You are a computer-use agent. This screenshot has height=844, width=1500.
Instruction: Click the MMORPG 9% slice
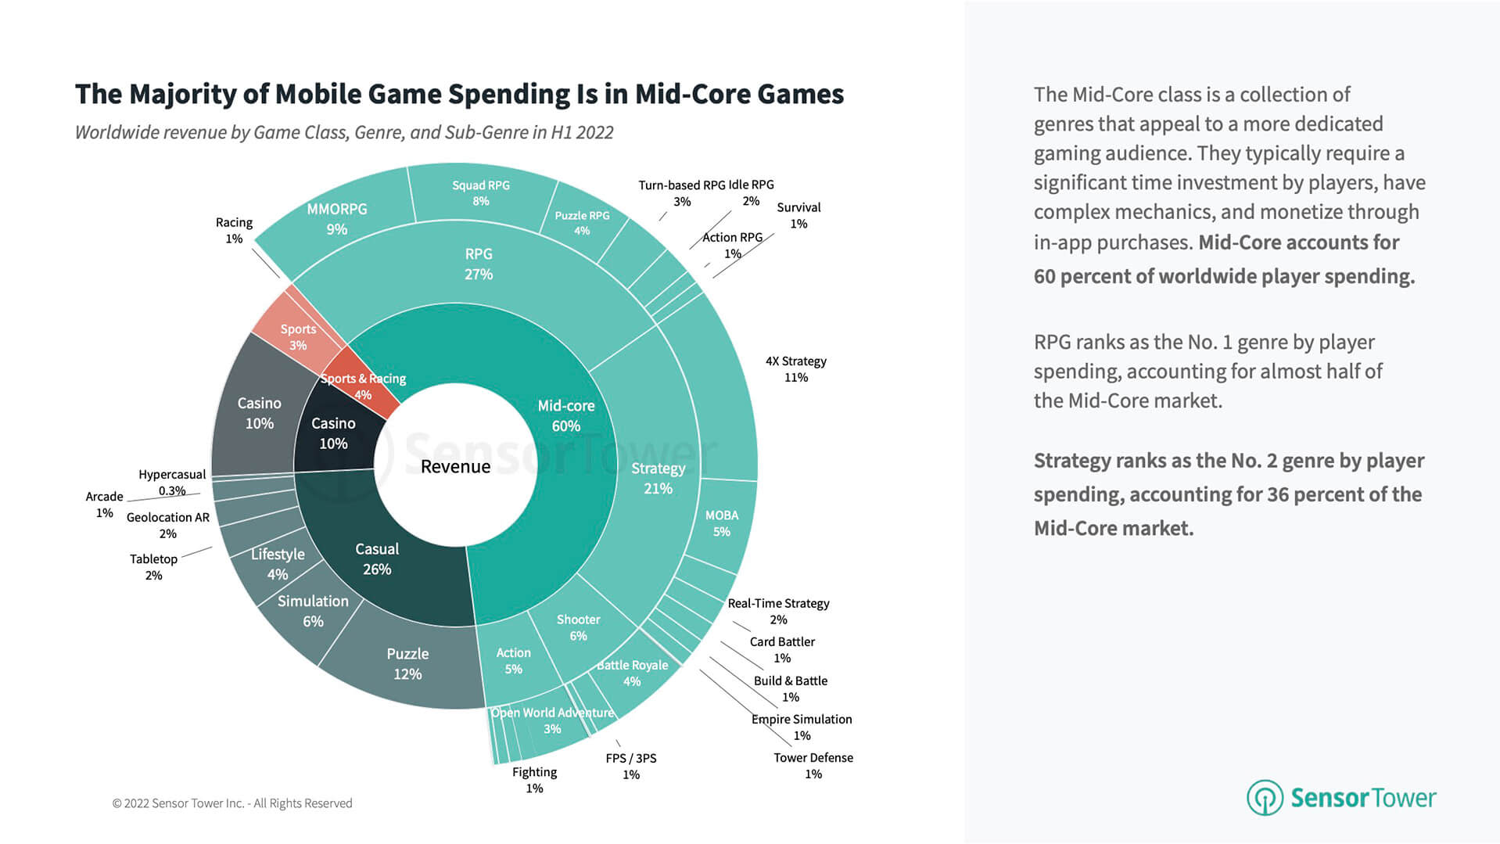tap(337, 218)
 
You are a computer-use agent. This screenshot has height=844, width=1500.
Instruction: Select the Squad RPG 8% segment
tap(480, 192)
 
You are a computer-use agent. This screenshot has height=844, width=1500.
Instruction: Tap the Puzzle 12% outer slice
tap(407, 663)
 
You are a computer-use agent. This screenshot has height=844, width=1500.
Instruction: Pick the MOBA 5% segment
tap(721, 523)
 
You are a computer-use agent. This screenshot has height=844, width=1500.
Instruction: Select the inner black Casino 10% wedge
tap(334, 433)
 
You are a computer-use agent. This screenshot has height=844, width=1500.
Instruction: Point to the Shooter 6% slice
tap(578, 627)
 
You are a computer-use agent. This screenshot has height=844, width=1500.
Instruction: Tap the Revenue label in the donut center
tap(455, 467)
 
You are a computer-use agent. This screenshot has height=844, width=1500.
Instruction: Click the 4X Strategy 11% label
tap(795, 368)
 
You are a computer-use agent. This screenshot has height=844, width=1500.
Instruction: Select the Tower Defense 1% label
tap(813, 765)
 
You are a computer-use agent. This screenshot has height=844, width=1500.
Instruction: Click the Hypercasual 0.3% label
tap(172, 482)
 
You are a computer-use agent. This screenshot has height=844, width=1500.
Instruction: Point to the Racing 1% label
tap(234, 230)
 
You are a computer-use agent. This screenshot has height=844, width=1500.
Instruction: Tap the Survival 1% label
tap(798, 215)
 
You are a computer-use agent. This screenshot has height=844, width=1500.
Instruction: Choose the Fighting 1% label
tap(534, 779)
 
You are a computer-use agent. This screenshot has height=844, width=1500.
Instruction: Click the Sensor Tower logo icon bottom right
tap(1264, 797)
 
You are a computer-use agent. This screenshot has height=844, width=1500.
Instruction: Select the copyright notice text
tap(232, 803)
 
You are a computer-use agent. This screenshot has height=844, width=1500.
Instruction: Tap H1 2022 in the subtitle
tap(582, 132)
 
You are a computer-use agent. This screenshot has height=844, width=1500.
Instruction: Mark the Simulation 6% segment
tap(313, 610)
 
